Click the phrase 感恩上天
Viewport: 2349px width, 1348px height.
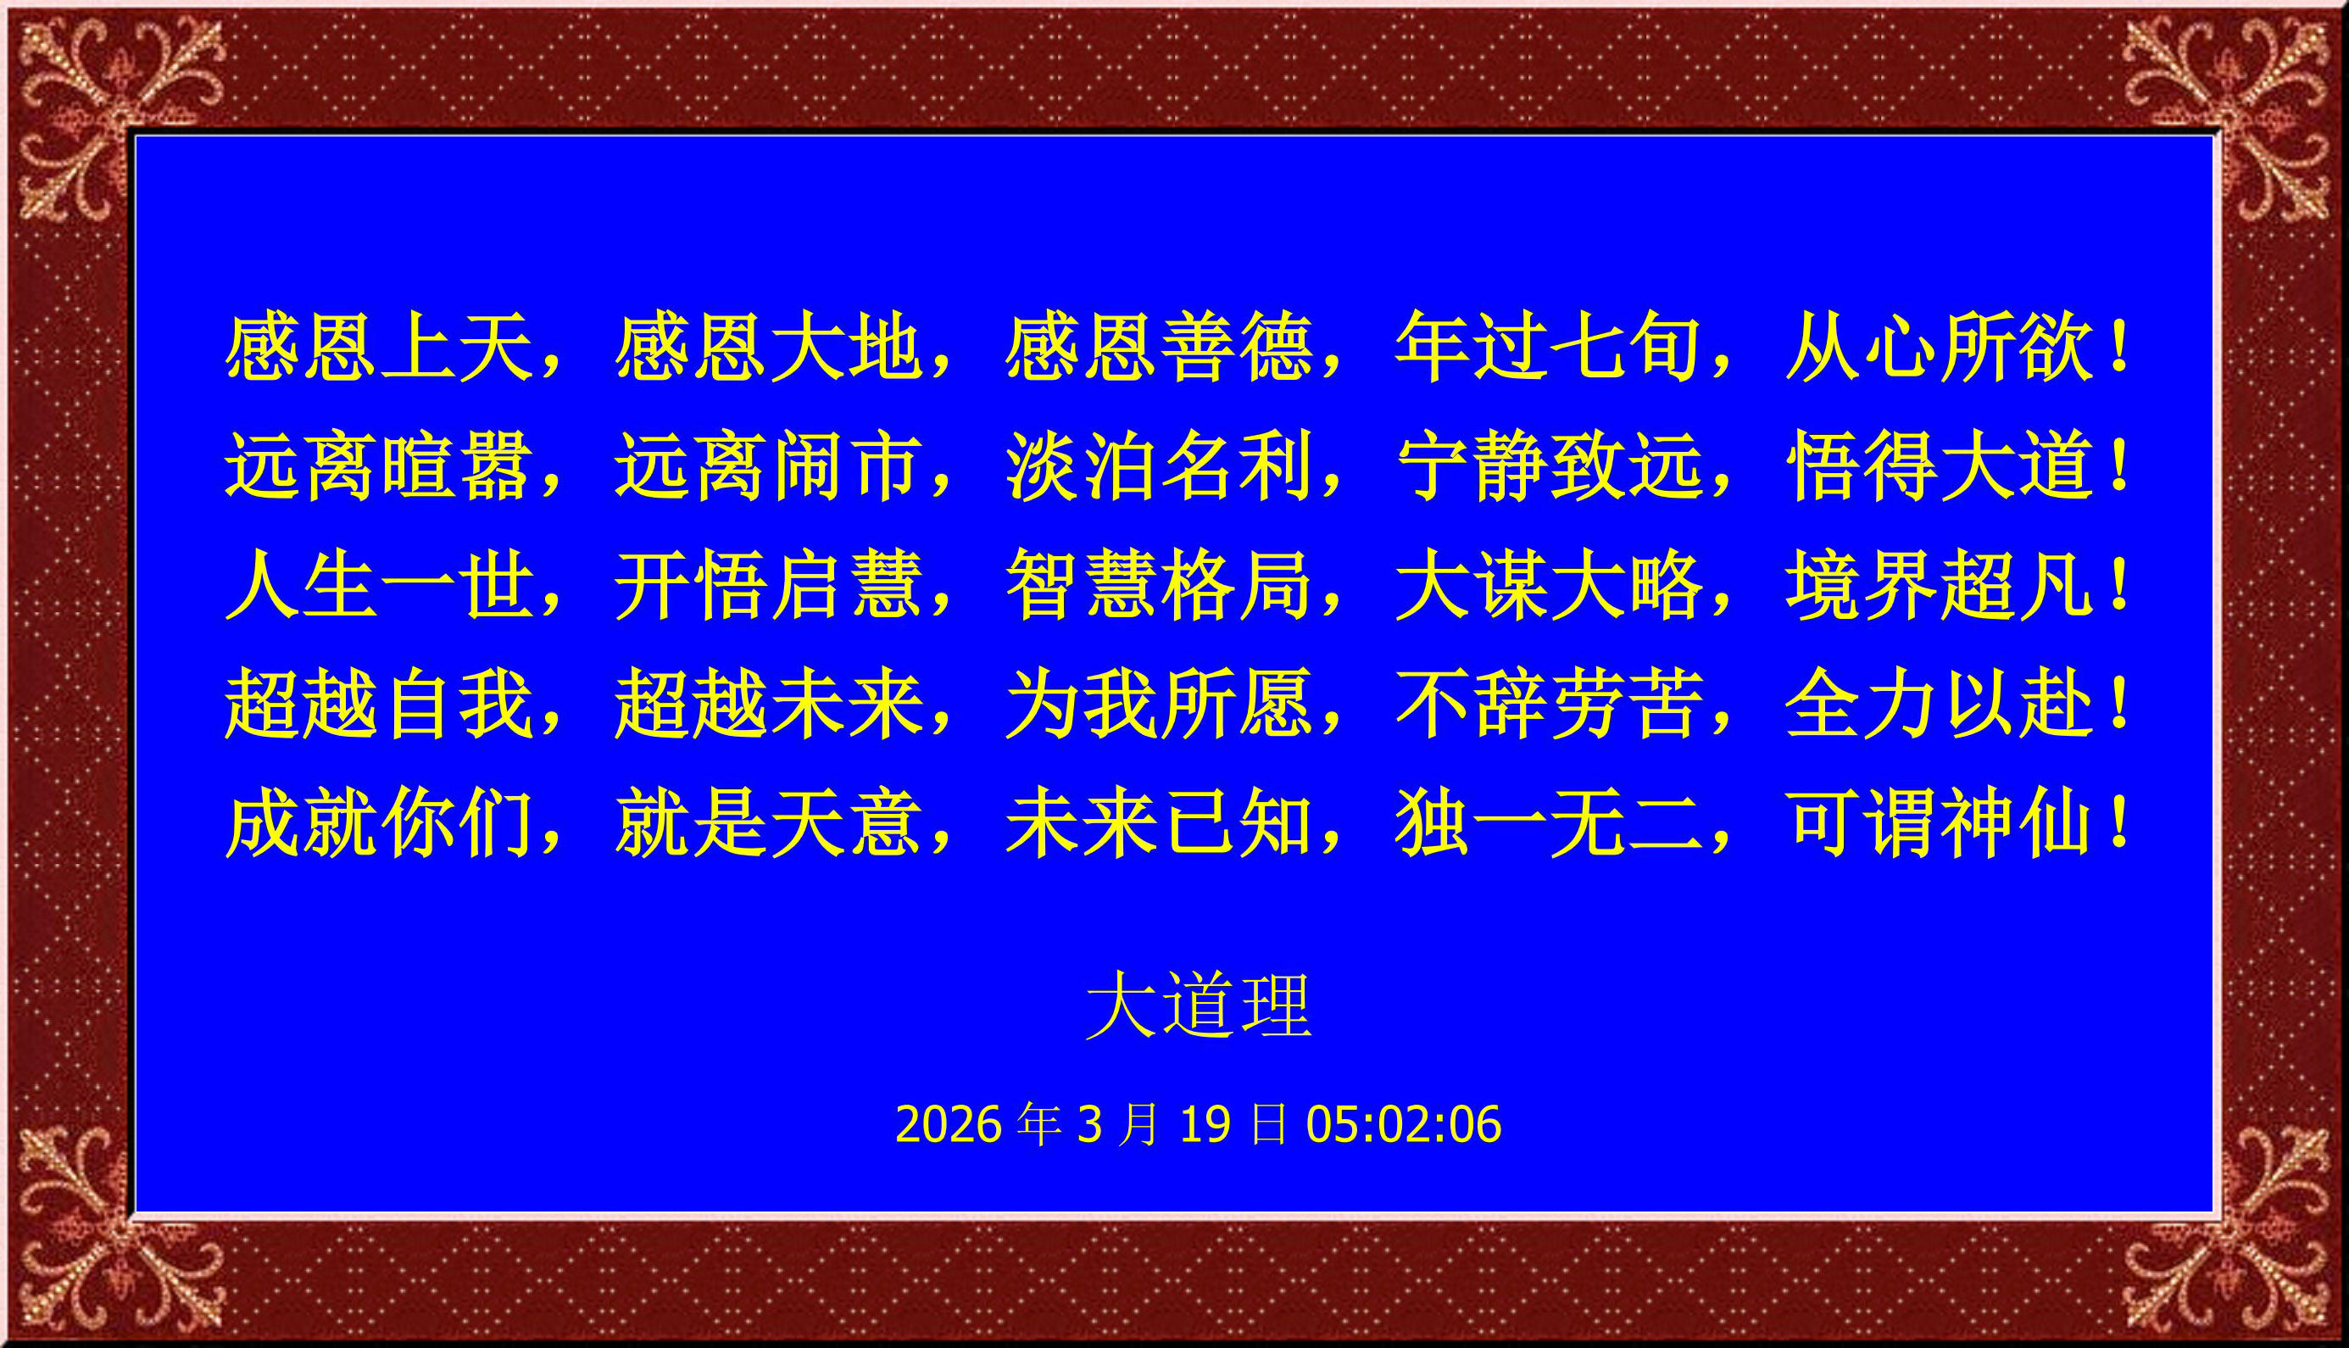coord(379,348)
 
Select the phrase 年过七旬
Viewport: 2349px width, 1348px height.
coord(1547,348)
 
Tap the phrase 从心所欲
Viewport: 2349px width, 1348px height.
coord(1938,348)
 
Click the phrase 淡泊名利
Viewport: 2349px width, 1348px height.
coord(1158,465)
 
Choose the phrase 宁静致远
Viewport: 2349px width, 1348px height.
coord(1549,465)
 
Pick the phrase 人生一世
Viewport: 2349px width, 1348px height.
coord(379,584)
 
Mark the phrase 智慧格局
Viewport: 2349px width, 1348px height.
coord(1158,584)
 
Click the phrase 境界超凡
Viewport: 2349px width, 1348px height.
coord(1938,584)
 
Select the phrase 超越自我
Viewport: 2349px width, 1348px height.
coord(379,704)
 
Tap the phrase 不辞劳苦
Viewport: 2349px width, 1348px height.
coord(1549,704)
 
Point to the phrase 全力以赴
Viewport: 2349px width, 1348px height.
coord(1938,704)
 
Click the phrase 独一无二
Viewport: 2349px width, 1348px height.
coord(1549,822)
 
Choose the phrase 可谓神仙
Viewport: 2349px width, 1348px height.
coord(1938,822)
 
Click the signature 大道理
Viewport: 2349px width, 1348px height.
coord(1199,1005)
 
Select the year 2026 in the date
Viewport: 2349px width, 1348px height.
coord(949,1124)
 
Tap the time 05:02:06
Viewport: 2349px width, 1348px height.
coord(1403,1124)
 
